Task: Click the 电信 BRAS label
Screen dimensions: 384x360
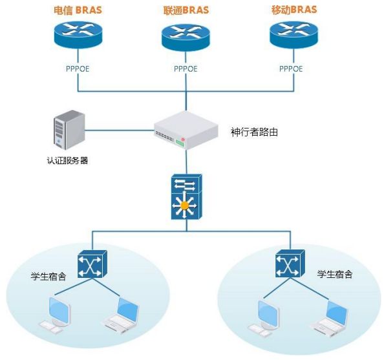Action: click(x=78, y=10)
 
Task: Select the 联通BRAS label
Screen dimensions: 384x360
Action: click(x=186, y=10)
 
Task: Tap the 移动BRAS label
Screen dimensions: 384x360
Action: click(x=294, y=10)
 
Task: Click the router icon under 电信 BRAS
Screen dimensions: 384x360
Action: click(x=78, y=35)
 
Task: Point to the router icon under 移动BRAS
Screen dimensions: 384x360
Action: click(x=293, y=35)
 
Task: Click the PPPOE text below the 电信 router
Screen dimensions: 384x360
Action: click(x=78, y=69)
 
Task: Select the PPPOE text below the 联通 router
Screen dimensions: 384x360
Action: click(x=186, y=69)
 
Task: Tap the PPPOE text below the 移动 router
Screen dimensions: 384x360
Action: click(x=291, y=69)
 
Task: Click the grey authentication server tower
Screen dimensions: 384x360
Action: click(x=69, y=129)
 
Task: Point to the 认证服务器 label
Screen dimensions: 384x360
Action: click(x=67, y=161)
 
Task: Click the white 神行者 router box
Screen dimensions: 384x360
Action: click(x=186, y=130)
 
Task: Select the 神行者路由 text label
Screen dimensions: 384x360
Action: click(x=254, y=132)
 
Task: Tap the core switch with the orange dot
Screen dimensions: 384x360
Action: click(x=187, y=196)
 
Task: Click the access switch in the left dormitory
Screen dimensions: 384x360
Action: click(x=92, y=264)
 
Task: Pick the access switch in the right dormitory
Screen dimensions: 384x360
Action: click(x=290, y=264)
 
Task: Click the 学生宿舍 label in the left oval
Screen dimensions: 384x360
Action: click(x=48, y=276)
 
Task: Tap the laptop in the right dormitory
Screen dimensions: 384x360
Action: click(x=330, y=317)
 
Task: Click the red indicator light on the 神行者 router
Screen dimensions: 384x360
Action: click(x=182, y=140)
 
